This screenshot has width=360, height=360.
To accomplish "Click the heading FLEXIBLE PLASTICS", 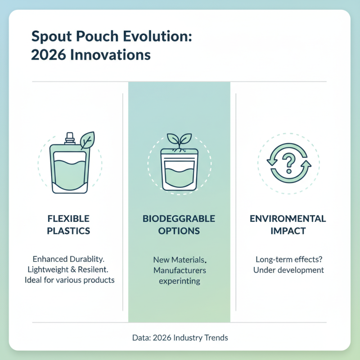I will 68,225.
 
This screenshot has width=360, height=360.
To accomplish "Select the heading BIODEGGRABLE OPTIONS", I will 179,225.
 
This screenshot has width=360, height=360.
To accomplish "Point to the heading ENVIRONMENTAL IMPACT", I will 288,225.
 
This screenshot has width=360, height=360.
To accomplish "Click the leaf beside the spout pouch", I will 87,140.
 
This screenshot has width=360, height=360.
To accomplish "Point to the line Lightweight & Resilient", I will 68,270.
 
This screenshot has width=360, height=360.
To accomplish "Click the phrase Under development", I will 288,270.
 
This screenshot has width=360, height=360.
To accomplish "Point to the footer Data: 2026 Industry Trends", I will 180,337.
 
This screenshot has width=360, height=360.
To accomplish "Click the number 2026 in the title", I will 47,55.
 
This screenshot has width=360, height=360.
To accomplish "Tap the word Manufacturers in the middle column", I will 180,270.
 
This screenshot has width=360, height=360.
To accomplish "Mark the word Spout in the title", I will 47,37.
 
